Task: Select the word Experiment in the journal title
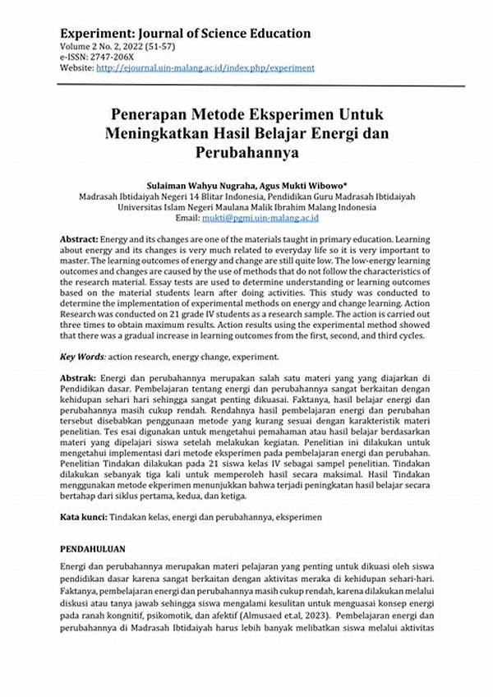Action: (x=93, y=34)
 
